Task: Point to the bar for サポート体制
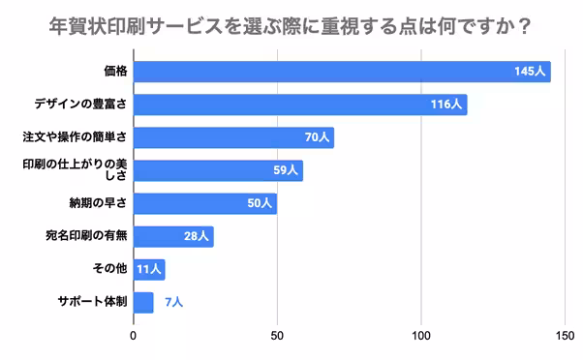click(143, 302)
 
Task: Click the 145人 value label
click(532, 72)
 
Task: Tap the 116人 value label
click(447, 105)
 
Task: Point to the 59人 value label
click(287, 170)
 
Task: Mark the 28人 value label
click(197, 236)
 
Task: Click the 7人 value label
click(173, 302)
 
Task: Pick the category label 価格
click(115, 72)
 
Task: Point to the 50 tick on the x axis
click(277, 336)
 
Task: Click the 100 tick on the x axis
click(421, 336)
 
